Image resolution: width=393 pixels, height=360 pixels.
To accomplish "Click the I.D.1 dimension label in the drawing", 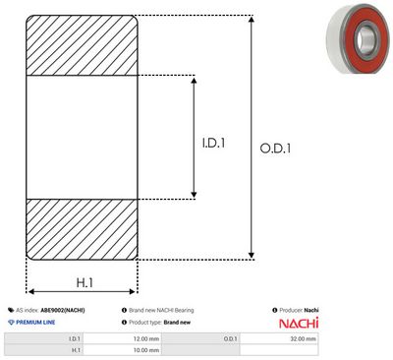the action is click(x=213, y=143).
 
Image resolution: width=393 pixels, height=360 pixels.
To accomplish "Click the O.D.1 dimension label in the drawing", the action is click(x=275, y=149).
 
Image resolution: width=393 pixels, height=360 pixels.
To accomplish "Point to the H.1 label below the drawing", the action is click(x=84, y=282).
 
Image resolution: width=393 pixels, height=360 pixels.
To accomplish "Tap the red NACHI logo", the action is click(x=299, y=323).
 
